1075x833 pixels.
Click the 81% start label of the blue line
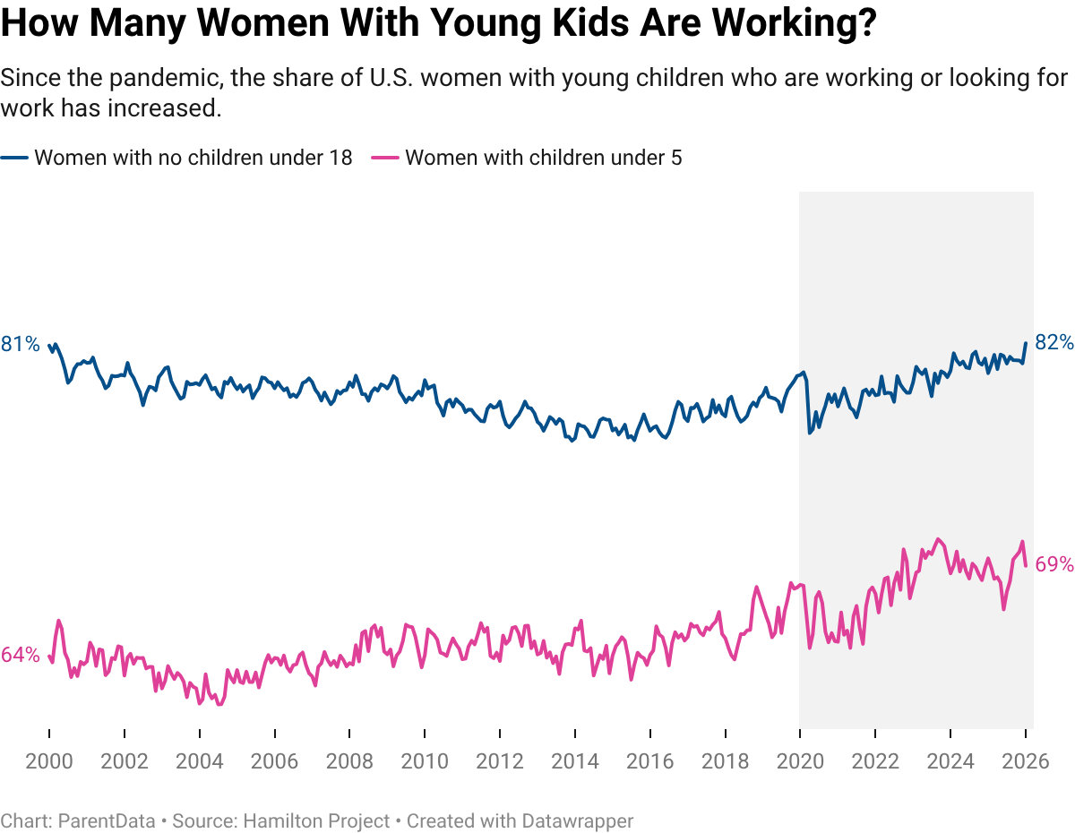tap(21, 344)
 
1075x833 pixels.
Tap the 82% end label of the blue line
tap(1053, 342)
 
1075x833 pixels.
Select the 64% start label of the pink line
tap(21, 655)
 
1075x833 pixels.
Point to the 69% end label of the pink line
tap(1053, 564)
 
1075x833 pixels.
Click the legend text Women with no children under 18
tap(193, 159)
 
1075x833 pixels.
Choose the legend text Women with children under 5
tap(543, 159)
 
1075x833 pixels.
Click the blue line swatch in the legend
tap(15, 159)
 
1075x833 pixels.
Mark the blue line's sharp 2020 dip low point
tap(810, 433)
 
